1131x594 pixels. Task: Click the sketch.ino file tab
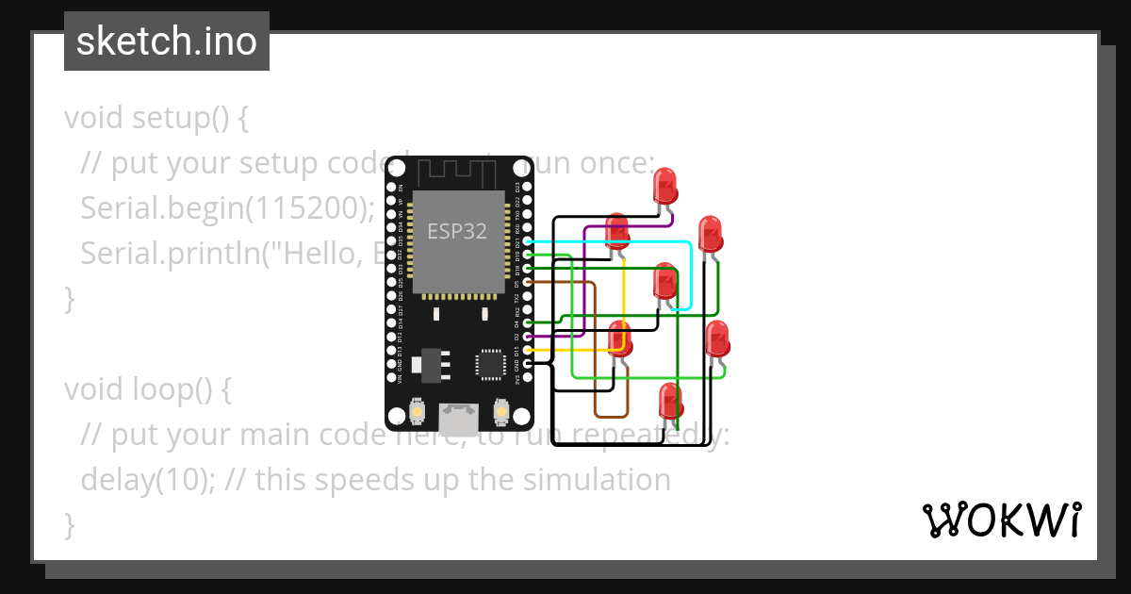click(x=166, y=41)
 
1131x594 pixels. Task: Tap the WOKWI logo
click(x=1001, y=520)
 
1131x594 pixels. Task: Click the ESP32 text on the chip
click(x=457, y=231)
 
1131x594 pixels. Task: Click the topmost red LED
click(x=665, y=185)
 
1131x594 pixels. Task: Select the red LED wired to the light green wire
click(x=717, y=338)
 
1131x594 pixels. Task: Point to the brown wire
click(x=596, y=358)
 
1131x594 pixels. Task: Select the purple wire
click(x=584, y=283)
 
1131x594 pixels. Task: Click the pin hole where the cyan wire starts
click(x=529, y=241)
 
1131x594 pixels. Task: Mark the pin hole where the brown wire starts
click(x=529, y=282)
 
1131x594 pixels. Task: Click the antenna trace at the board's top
click(x=457, y=172)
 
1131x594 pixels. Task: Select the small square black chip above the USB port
click(x=491, y=363)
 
